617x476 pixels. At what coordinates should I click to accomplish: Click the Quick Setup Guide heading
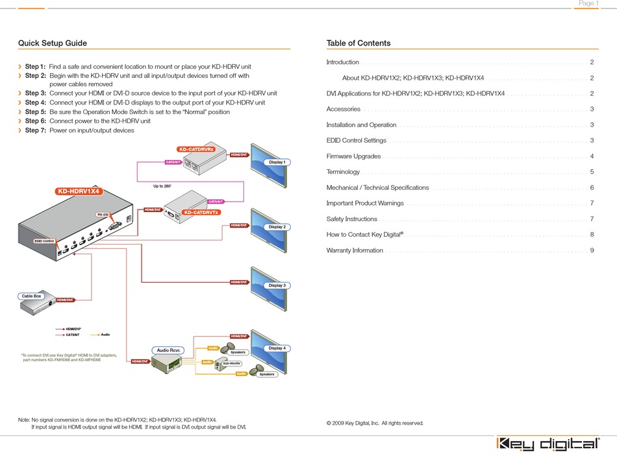tap(53, 43)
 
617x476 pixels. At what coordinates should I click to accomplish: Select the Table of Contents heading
tap(359, 43)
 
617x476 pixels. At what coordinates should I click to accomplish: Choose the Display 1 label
tap(277, 162)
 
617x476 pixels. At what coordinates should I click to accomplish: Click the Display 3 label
tap(277, 285)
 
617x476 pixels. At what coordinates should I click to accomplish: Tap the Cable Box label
tap(32, 296)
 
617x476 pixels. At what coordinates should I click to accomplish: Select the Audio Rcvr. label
tap(169, 350)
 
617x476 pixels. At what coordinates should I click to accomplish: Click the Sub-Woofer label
tap(232, 364)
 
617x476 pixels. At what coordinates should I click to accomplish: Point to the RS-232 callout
tap(103, 215)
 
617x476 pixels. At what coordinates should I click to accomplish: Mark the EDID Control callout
tap(44, 241)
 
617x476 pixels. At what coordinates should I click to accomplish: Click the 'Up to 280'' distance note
tap(162, 187)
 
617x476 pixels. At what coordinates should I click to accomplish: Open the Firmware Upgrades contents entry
tap(353, 156)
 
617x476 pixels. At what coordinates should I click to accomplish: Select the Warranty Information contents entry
tap(355, 250)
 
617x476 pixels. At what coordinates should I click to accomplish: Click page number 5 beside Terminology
tap(592, 172)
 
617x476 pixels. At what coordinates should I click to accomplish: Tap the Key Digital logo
tap(548, 444)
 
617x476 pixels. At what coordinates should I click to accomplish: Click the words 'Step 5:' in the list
tap(35, 112)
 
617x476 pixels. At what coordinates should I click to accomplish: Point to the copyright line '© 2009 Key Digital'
tap(375, 423)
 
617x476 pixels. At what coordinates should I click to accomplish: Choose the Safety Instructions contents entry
tap(351, 219)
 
